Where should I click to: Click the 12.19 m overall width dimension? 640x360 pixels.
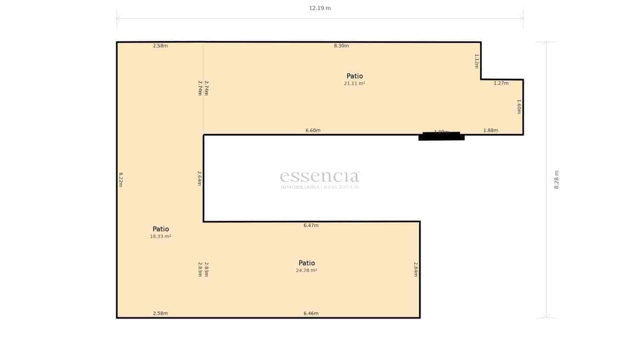pyautogui.click(x=320, y=8)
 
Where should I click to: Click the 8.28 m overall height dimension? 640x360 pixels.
pyautogui.click(x=556, y=180)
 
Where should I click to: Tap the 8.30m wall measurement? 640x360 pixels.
pyautogui.click(x=341, y=46)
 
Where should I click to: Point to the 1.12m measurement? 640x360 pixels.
pyautogui.click(x=476, y=61)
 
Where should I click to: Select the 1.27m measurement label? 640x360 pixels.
pyautogui.click(x=501, y=83)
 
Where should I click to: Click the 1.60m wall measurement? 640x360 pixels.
pyautogui.click(x=519, y=107)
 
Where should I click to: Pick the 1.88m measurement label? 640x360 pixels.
pyautogui.click(x=490, y=130)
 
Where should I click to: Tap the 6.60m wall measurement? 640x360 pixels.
pyautogui.click(x=313, y=130)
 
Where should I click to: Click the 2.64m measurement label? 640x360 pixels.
pyautogui.click(x=199, y=178)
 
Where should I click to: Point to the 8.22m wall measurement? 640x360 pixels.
pyautogui.click(x=120, y=180)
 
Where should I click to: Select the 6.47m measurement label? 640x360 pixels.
pyautogui.click(x=311, y=226)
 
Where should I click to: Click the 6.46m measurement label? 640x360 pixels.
pyautogui.click(x=311, y=314)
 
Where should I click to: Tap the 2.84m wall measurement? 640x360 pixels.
pyautogui.click(x=415, y=270)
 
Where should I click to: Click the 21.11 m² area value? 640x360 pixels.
pyautogui.click(x=354, y=84)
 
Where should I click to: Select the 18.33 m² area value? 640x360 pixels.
pyautogui.click(x=160, y=236)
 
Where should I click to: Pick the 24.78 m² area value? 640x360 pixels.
pyautogui.click(x=306, y=270)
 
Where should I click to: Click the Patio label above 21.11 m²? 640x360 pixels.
pyautogui.click(x=354, y=76)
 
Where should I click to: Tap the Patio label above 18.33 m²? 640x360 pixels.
pyautogui.click(x=160, y=229)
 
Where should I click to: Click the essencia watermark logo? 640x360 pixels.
pyautogui.click(x=320, y=179)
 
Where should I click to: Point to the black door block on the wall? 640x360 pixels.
pyautogui.click(x=441, y=136)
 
